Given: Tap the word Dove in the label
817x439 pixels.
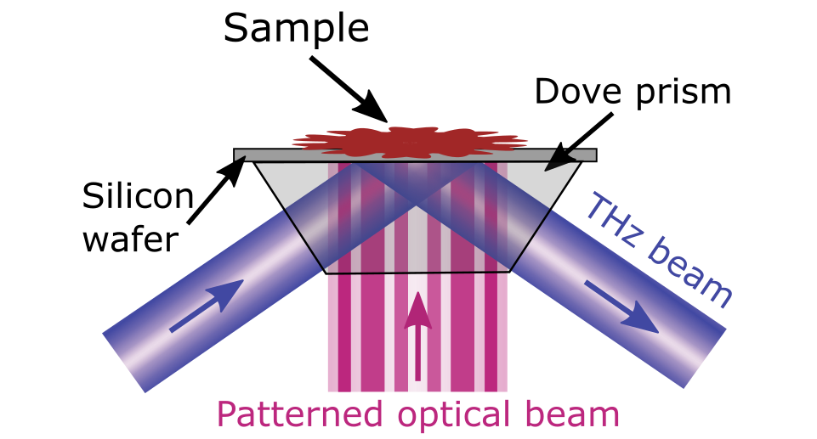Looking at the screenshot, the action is tap(578, 92).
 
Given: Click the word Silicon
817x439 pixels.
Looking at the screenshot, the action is tap(138, 195).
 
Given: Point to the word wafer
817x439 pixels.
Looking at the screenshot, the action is tap(131, 239).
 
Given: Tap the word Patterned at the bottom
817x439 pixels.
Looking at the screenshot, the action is tap(299, 414).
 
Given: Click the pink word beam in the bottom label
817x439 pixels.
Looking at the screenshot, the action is tap(572, 414).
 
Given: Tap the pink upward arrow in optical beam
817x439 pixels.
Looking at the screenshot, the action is tap(417, 335).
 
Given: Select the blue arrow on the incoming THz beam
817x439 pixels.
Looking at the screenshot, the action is tap(207, 306).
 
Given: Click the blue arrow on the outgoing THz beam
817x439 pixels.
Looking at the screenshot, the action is tap(621, 307).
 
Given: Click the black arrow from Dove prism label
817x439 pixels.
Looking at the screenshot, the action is tap(578, 142).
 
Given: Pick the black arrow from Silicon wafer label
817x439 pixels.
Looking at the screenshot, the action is tap(216, 189).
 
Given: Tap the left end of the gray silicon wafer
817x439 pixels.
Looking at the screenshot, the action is tap(235, 155).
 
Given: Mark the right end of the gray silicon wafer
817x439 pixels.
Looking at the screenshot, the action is tap(596, 155).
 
